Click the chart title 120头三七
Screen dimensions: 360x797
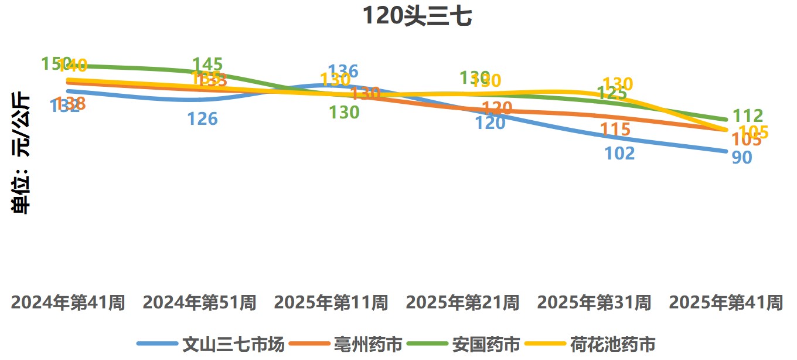(417, 16)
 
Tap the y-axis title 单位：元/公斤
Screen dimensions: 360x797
(22, 153)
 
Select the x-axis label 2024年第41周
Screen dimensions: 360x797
(68, 303)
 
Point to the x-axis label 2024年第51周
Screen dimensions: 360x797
(200, 303)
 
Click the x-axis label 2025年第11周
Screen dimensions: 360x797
(331, 303)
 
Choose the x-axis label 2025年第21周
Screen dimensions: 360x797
(463, 303)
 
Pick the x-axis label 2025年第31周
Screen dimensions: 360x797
(594, 303)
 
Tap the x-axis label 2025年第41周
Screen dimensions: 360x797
(726, 303)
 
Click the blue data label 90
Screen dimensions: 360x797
(742, 158)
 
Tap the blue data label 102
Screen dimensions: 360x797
(619, 153)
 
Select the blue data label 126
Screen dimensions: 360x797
(202, 119)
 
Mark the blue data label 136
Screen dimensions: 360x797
(343, 72)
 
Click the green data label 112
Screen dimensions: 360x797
(748, 116)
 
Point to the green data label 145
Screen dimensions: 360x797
(207, 64)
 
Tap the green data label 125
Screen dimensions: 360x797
(612, 93)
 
